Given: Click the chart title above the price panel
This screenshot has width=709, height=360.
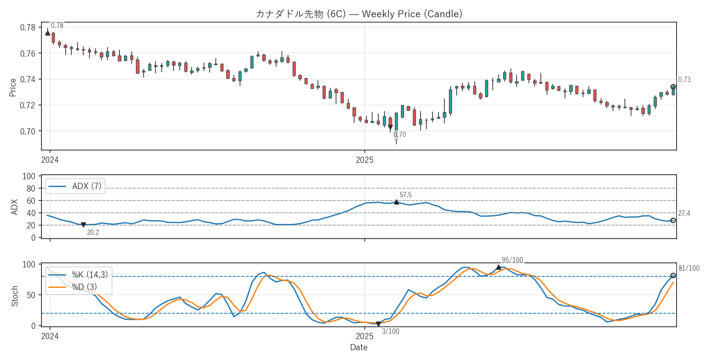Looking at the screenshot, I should coord(359,14).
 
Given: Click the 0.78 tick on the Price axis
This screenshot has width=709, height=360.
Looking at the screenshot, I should coord(28,27).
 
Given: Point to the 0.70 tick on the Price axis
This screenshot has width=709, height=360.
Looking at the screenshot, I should coord(28,131).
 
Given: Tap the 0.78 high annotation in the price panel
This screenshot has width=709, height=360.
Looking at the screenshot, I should coord(57,25).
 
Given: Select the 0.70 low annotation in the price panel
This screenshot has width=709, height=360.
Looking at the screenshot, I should coord(400,134).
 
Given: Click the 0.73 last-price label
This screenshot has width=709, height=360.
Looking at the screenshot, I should coord(684,80).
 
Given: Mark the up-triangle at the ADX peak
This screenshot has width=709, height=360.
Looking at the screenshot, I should coord(396,202).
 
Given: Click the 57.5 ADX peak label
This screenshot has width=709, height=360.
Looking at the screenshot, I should coord(405,195).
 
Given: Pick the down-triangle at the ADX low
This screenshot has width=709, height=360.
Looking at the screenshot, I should coord(83,225).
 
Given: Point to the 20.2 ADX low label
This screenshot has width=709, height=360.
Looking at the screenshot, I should coord(93,232).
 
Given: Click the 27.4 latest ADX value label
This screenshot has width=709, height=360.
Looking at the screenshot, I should coord(684,213).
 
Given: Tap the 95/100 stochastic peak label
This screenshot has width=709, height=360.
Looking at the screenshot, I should coord(512,260).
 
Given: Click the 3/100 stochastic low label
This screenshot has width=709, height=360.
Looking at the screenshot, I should coord(390,331).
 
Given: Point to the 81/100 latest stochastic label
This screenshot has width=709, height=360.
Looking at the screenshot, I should coord(688,268).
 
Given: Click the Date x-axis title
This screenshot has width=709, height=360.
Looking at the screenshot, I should coord(359,347).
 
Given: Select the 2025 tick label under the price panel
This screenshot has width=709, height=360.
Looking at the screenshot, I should coord(364,160).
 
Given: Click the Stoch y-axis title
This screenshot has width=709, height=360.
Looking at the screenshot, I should coord(15,296).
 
